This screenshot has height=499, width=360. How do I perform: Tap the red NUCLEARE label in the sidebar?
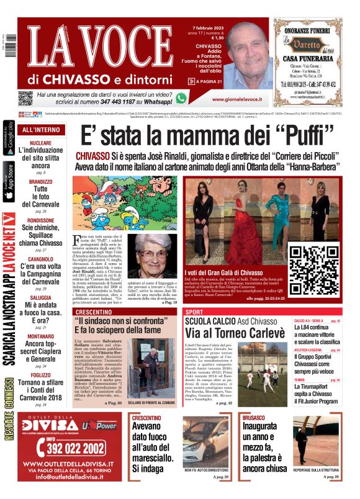pyautogui.click(x=40, y=143)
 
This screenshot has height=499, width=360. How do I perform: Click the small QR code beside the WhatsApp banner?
pyautogui.click(x=25, y=97)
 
